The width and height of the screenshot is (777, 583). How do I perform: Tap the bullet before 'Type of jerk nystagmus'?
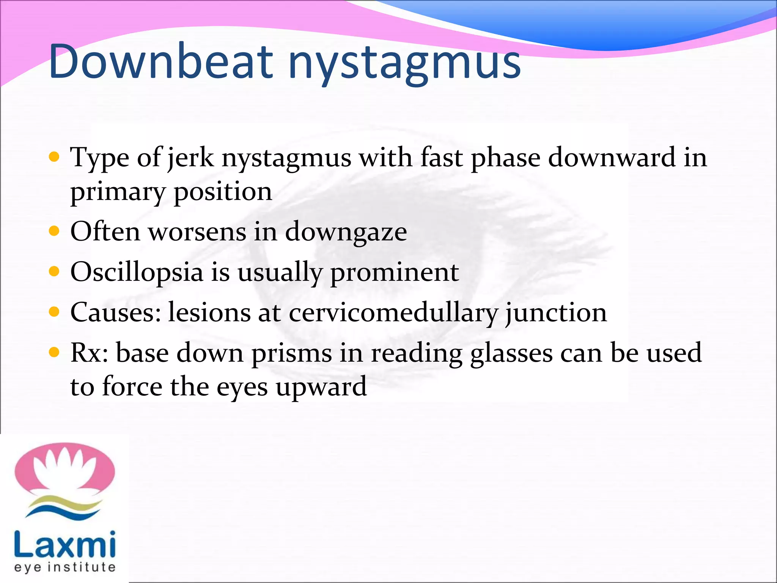coord(55,157)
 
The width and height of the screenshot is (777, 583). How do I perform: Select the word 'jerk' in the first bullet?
coord(190,158)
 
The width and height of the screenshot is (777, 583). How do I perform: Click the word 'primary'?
coord(118,192)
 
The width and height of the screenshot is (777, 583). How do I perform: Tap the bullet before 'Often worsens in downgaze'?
coord(55,231)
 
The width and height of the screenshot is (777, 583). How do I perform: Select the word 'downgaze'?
coord(346,232)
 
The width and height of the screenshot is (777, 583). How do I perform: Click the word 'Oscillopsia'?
coord(137,272)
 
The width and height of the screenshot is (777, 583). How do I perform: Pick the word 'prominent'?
coord(395,272)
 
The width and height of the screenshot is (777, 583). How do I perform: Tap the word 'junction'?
coord(556,313)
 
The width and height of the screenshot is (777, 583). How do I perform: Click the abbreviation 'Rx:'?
coord(90,353)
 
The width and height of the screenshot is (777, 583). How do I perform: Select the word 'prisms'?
coord(292,354)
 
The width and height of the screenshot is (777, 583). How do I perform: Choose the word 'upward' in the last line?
coord(321,387)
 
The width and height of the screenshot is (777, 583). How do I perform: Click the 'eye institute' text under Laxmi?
coord(64,567)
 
